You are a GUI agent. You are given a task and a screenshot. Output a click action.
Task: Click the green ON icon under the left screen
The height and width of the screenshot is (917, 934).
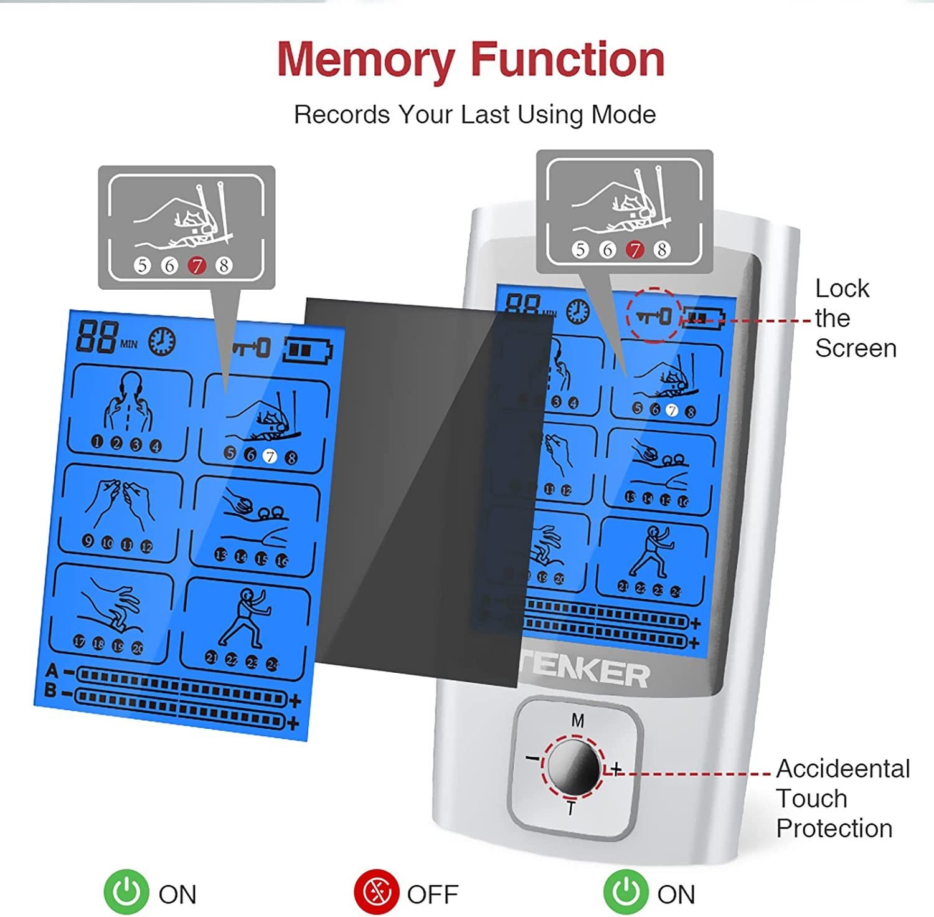(x=126, y=892)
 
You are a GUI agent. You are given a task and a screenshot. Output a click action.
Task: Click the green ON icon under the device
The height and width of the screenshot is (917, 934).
(x=625, y=892)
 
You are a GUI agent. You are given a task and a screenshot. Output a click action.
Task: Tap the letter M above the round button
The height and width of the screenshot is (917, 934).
(x=578, y=721)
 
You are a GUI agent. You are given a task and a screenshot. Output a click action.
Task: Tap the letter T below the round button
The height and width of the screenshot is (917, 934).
(x=570, y=809)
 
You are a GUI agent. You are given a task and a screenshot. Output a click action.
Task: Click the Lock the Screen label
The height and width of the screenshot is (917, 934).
(x=855, y=318)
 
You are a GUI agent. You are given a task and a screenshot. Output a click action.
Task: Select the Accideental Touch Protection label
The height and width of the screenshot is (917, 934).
(x=842, y=799)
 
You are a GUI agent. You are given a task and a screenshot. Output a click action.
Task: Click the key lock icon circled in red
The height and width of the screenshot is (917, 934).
(x=654, y=316)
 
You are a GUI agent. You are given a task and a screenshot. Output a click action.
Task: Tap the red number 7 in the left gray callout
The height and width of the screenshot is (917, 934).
(x=197, y=266)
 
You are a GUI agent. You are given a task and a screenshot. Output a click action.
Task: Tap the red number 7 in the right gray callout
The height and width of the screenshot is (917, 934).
(x=634, y=250)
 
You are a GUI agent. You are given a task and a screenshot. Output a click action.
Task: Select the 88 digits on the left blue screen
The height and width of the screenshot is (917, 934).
(x=97, y=337)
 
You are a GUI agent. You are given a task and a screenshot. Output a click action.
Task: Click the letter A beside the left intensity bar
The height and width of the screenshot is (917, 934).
(x=52, y=670)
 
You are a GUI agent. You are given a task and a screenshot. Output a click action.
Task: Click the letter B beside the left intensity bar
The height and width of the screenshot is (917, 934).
(x=50, y=691)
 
